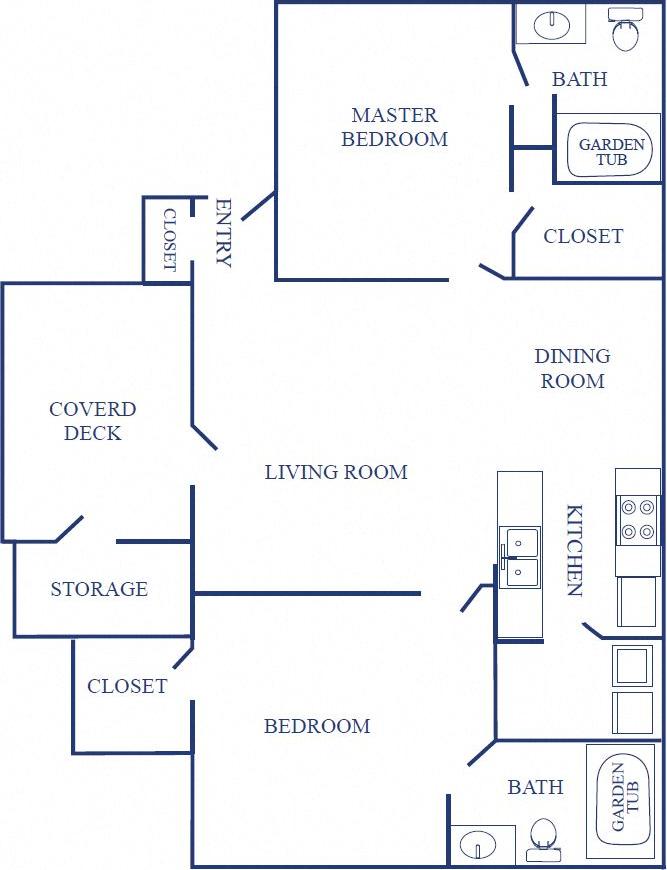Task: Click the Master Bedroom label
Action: pos(394,127)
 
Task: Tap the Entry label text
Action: pos(223,233)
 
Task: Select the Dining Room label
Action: pos(572,368)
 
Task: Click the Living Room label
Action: pos(336,472)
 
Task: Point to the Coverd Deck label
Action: pos(92,421)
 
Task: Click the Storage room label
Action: pos(99,589)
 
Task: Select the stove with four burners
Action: pos(637,519)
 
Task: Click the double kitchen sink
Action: pos(519,557)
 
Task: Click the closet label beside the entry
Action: pos(169,240)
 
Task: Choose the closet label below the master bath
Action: pos(583,236)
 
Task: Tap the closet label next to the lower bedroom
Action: pos(127,686)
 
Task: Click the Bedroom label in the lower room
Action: pos(317,726)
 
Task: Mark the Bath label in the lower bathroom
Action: pos(535,787)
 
